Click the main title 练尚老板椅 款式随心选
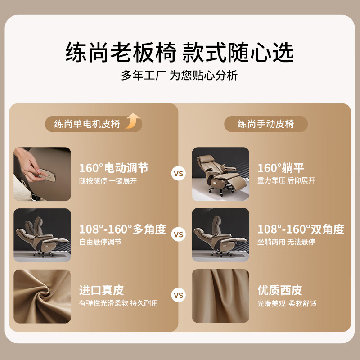(180, 53)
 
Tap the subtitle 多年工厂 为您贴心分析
(179, 76)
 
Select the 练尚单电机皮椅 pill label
(87, 124)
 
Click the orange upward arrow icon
(133, 121)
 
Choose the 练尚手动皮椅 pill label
(266, 124)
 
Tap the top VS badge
(179, 173)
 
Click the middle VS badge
(179, 234)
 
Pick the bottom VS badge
(179, 295)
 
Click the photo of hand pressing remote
(42, 174)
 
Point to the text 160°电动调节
(114, 168)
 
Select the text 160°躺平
(281, 168)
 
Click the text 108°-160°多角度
(122, 229)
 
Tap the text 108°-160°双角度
(301, 229)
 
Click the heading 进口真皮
(101, 290)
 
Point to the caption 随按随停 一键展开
(108, 181)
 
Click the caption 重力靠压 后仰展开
(286, 181)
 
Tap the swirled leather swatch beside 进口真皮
(42, 296)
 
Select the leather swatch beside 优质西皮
(220, 296)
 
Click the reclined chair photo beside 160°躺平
(220, 174)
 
